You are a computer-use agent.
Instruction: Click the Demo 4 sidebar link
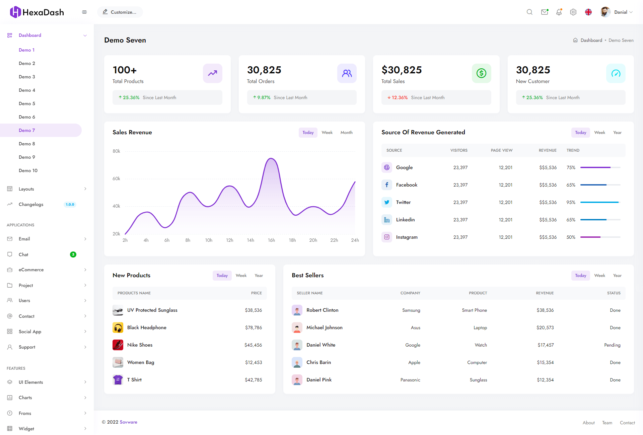coord(27,90)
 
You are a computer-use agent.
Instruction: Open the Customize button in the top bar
coord(120,12)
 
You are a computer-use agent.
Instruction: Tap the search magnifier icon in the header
coord(529,12)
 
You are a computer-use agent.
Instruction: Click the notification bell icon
coord(559,12)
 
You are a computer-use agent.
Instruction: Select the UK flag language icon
coord(588,12)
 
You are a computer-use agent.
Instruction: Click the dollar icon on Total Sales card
coord(481,73)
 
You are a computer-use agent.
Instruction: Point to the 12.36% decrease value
coord(400,97)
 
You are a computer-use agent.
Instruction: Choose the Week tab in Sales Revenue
coord(327,133)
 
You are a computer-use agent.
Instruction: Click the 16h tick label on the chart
coord(271,240)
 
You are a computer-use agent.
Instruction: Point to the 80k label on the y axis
coord(116,151)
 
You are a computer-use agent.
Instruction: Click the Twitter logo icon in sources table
coord(387,202)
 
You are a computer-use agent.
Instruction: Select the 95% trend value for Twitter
coord(571,202)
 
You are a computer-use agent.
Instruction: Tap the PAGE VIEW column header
coord(501,150)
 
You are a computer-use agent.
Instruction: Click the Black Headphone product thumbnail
coord(118,328)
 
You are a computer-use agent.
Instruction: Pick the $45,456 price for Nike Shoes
coord(253,345)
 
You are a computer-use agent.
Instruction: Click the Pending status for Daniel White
coord(612,345)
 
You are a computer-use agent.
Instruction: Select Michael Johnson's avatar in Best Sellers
coord(297,328)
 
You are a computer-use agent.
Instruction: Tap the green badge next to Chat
coord(73,255)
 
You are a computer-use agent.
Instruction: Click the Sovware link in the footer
coord(129,422)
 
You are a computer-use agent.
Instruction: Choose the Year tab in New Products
coord(259,276)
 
